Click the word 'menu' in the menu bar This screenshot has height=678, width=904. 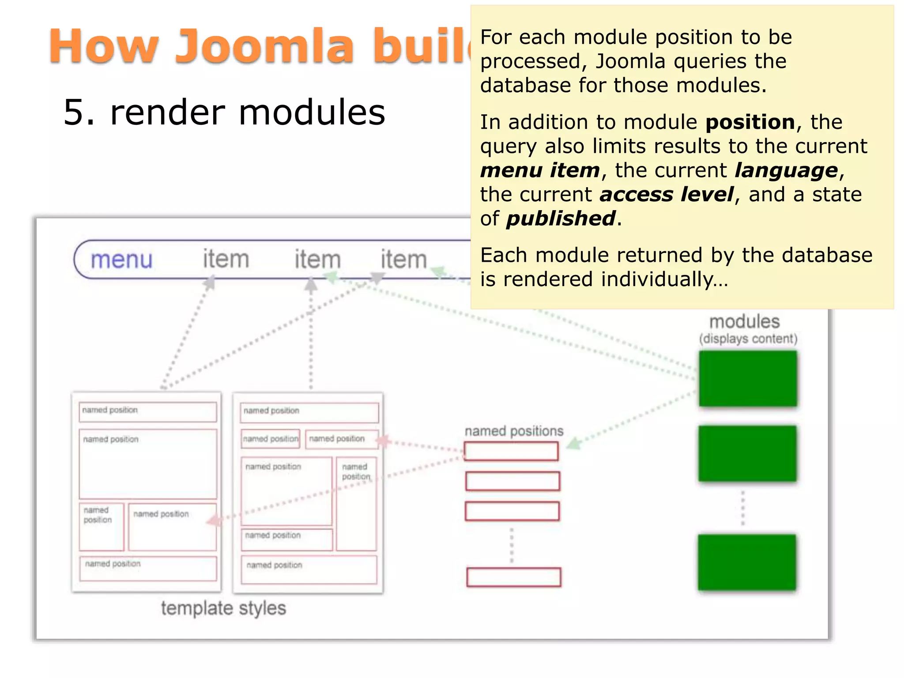tap(121, 260)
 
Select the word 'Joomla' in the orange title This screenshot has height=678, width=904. tap(264, 46)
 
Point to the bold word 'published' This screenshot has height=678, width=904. tap(561, 218)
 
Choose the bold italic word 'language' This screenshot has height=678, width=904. tap(786, 170)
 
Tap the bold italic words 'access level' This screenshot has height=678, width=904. tap(667, 195)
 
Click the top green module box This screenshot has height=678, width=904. tap(748, 378)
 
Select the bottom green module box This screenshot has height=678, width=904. tap(747, 562)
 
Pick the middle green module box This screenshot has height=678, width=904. tap(747, 453)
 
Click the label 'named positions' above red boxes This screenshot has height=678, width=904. tap(514, 431)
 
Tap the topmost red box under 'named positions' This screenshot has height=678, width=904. tap(511, 451)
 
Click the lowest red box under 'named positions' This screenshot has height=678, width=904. tap(514, 577)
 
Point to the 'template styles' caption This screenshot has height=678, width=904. tap(223, 608)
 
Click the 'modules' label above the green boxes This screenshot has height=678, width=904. tap(744, 321)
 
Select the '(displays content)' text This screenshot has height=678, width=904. tap(748, 339)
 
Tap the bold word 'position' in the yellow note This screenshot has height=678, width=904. tap(750, 122)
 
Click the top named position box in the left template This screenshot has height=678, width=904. tap(148, 411)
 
